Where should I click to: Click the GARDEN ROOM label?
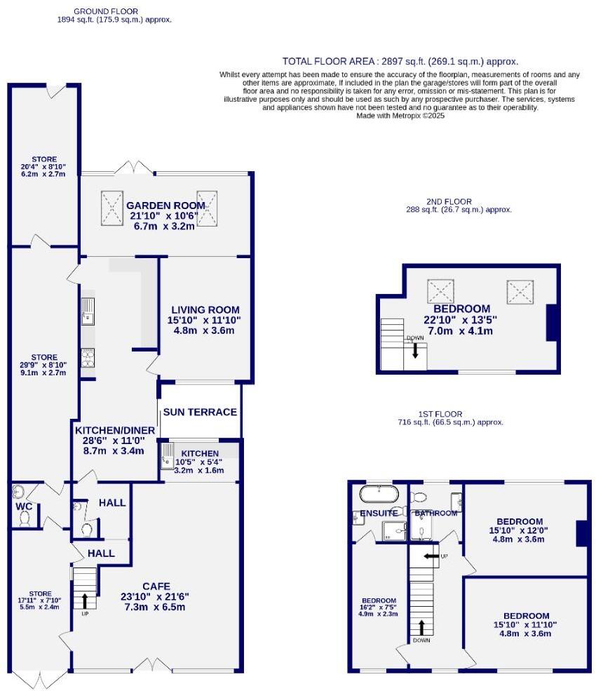[x=165, y=206]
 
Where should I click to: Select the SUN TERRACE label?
[x=200, y=412]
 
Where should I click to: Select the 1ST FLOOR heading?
[x=449, y=415]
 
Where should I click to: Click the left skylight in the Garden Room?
[x=111, y=208]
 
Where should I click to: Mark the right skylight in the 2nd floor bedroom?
[x=520, y=288]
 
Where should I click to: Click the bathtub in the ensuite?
[x=379, y=494]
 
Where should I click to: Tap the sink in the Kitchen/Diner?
[x=88, y=311]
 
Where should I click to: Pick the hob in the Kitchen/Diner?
[x=88, y=358]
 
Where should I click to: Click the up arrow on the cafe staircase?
[x=85, y=601]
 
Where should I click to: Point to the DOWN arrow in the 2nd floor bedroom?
[x=415, y=349]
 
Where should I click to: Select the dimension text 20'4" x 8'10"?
[x=43, y=167]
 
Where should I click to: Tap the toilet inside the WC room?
[x=26, y=518]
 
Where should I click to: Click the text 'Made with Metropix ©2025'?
[x=400, y=116]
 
